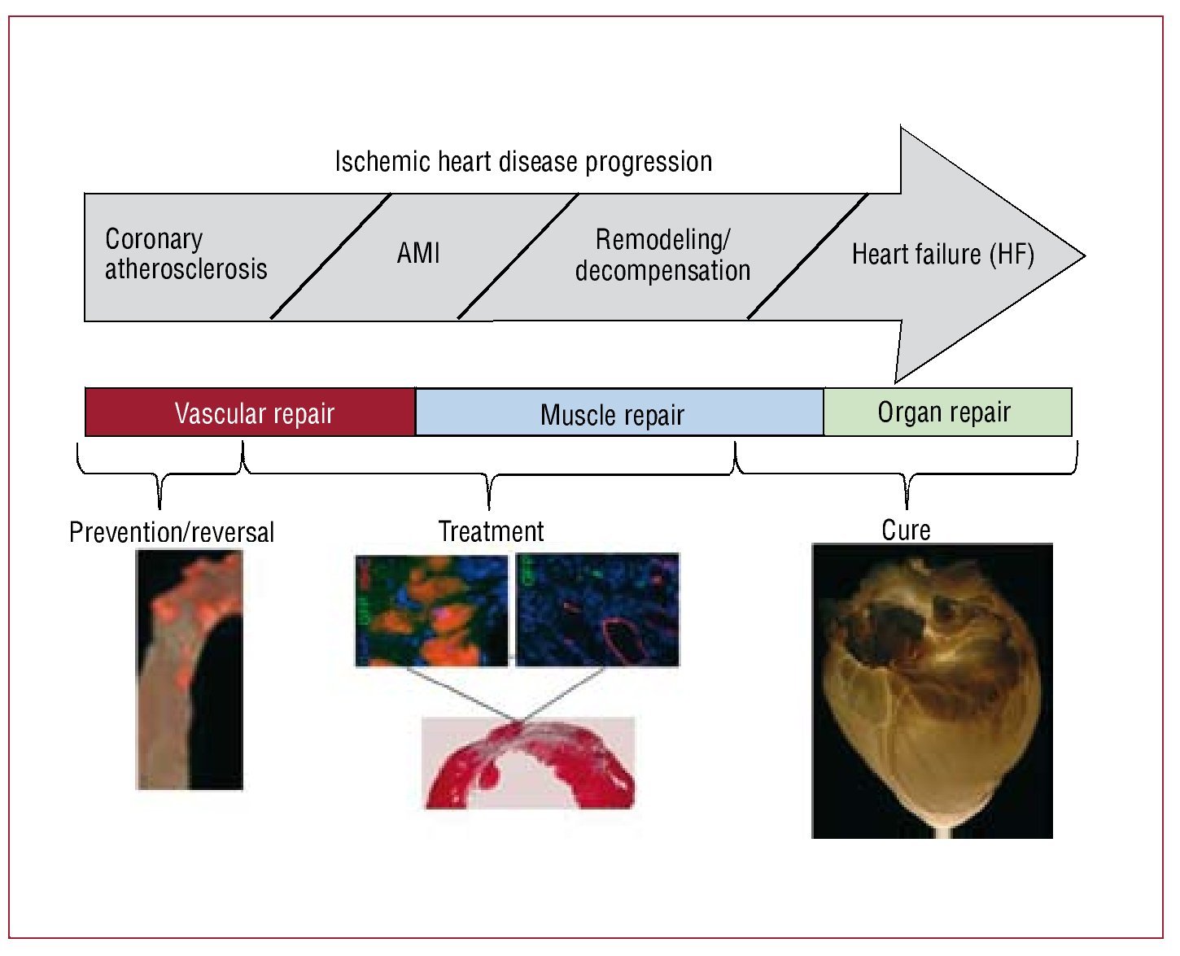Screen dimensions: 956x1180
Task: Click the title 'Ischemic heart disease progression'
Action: [x=523, y=162]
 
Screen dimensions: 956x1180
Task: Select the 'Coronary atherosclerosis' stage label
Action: [x=186, y=254]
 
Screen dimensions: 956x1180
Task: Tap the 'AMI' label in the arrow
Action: [x=418, y=253]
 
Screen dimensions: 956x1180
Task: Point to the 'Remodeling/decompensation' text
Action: [x=662, y=255]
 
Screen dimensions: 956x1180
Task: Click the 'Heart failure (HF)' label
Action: [x=942, y=255]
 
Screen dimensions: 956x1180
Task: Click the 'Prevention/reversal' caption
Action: [x=172, y=532]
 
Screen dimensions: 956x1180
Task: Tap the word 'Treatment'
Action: [x=491, y=531]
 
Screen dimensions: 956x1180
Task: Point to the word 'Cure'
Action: [x=906, y=530]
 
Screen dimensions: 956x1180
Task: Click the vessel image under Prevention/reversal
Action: [x=189, y=669]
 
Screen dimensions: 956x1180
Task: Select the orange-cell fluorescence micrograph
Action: [x=431, y=610]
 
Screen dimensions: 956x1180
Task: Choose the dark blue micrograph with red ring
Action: [x=597, y=610]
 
